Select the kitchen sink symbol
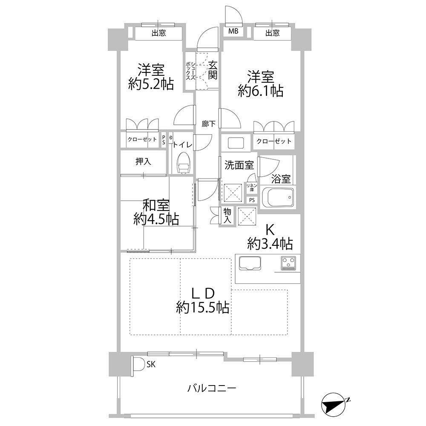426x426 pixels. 250,263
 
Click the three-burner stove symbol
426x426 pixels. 288,263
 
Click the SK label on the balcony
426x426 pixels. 151,364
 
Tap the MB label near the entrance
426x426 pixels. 233,31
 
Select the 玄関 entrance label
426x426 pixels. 213,70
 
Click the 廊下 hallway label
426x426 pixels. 209,124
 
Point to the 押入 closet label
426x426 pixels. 143,161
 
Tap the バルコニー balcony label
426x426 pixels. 212,388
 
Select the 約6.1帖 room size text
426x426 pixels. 261,91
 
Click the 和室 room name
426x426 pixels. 156,206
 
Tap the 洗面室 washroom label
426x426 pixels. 239,165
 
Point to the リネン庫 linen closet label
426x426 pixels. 252,187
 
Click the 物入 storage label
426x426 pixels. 227,216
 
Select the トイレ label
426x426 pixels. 183,144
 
